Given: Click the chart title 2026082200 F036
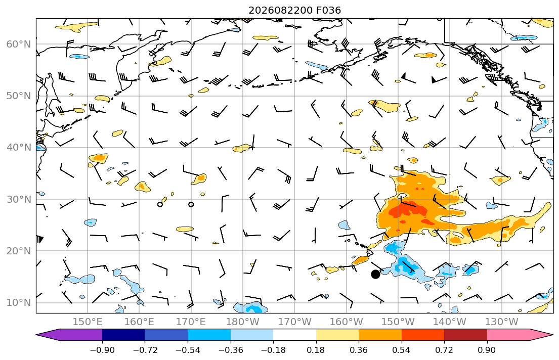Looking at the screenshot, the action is click(x=294, y=10).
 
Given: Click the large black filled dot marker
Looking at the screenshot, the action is click(x=375, y=274).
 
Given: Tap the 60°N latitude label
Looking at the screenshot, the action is click(x=19, y=44).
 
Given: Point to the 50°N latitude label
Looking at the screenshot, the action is click(x=19, y=96).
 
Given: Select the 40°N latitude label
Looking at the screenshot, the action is click(x=19, y=148).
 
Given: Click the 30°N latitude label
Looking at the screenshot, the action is click(x=19, y=199).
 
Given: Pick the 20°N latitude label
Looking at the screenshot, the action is click(x=19, y=251).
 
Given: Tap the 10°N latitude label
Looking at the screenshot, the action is click(x=19, y=303).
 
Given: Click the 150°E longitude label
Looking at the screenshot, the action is click(x=88, y=322).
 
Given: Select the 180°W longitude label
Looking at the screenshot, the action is click(x=243, y=322).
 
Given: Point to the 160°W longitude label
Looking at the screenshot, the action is click(x=346, y=322).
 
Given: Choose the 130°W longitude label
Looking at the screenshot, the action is click(x=502, y=322).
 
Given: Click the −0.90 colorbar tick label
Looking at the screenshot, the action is click(x=102, y=350).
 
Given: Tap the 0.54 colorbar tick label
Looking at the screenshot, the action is click(x=402, y=350).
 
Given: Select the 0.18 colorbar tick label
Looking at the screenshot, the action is click(x=316, y=350).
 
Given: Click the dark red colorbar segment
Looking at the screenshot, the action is click(x=465, y=335).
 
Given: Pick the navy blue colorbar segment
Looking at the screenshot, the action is click(x=123, y=335).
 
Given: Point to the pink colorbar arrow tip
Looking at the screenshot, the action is click(x=553, y=335).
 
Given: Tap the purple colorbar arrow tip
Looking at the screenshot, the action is click(x=36, y=335).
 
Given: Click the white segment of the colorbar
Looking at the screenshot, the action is click(x=294, y=335).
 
